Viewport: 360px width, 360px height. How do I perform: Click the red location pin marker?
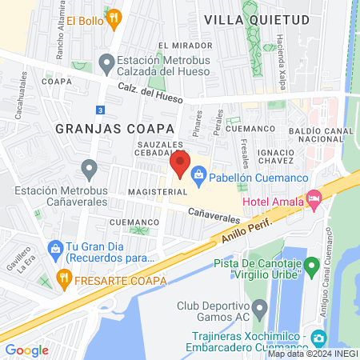pos(179,165)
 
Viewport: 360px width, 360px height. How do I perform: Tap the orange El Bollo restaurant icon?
pos(114,17)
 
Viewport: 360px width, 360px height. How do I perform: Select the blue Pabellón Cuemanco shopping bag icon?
pos(200,172)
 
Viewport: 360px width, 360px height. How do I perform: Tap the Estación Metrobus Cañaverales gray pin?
pos(89,168)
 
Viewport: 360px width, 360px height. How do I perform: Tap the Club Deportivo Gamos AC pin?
pos(259,307)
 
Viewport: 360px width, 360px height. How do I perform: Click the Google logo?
pos(26,350)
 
